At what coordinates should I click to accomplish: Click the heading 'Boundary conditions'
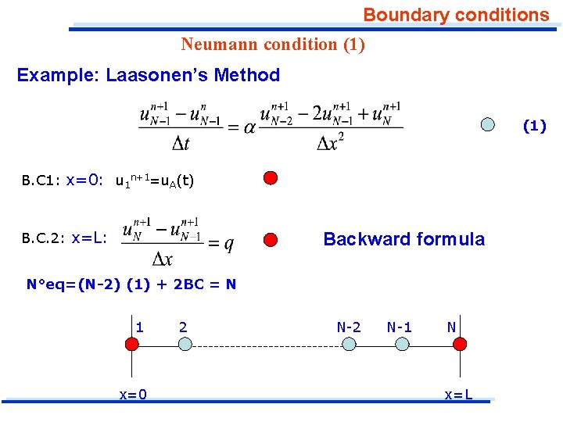point(456,15)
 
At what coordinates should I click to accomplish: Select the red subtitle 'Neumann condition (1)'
point(273,45)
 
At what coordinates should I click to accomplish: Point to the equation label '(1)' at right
point(534,126)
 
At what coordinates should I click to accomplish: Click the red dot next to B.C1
point(270,177)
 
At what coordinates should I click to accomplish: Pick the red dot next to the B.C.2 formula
point(270,239)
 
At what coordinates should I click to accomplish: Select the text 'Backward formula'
point(403,239)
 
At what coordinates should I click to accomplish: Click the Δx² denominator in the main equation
point(331,144)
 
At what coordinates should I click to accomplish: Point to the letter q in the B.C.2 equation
point(228,244)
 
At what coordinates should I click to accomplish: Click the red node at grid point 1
point(131,344)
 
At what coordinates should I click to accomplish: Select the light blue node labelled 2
point(184,344)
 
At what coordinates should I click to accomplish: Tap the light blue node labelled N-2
point(348,344)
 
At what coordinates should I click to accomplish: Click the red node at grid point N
point(460,344)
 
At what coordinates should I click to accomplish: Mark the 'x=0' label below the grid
point(133,395)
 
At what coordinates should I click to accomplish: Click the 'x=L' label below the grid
point(458,395)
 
